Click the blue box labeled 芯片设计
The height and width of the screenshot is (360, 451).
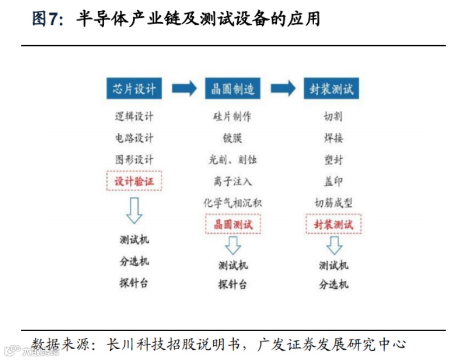134,89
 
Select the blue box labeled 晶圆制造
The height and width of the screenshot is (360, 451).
232,89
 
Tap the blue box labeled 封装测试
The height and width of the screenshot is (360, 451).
331,89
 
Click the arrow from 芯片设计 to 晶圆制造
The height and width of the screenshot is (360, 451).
184,89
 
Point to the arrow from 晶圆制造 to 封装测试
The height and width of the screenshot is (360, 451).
283,89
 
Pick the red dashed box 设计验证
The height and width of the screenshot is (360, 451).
134,181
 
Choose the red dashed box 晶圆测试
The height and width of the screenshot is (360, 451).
232,224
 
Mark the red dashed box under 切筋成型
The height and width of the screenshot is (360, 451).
333,224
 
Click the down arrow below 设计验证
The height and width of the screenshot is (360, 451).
134,211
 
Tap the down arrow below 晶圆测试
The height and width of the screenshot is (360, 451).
233,245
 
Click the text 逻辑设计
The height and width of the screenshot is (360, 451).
134,117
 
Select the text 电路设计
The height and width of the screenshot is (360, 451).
134,138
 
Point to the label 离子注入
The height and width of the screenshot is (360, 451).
232,181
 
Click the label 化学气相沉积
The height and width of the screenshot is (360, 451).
232,203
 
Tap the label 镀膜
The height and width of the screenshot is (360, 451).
232,138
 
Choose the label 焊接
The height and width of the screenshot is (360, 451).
333,138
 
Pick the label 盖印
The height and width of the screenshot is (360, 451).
333,181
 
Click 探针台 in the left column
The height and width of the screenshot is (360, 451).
134,283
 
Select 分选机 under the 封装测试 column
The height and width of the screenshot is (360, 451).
333,285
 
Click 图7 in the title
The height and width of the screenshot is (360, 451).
45,20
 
